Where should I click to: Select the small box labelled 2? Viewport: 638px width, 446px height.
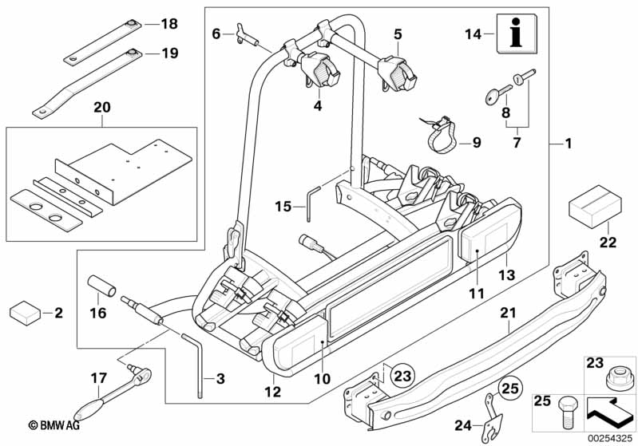coord(26,313)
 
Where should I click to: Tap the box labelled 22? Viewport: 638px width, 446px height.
coord(593,208)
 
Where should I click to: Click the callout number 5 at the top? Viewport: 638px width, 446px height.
coord(397,34)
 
